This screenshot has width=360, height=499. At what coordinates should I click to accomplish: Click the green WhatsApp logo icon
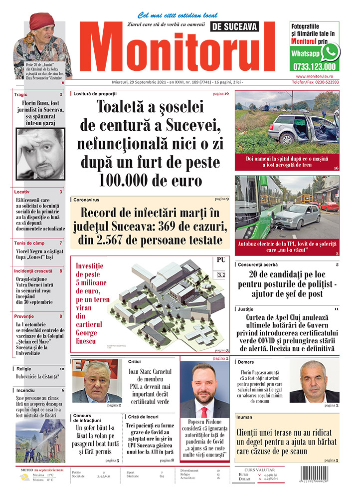click(330, 52)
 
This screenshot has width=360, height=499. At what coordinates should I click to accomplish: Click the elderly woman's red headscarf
click(41, 21)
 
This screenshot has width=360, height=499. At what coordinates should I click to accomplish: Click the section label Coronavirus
click(86, 199)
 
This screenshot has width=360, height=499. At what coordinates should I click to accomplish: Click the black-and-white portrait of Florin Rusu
click(40, 154)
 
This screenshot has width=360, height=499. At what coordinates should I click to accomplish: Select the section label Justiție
click(246, 309)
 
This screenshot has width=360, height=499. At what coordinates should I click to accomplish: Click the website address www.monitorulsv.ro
click(314, 76)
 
